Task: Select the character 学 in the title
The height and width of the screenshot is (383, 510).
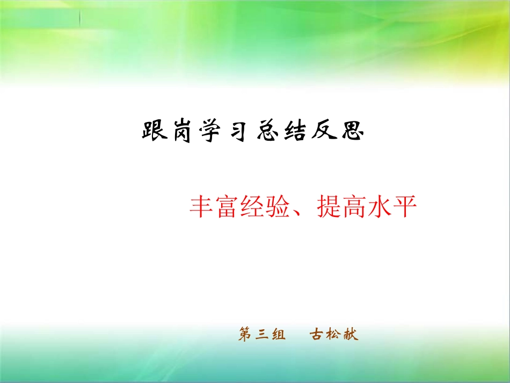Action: pos(213,131)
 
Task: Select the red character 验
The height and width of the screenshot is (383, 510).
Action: pos(287,206)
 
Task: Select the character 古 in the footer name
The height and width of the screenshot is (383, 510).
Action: pos(317,335)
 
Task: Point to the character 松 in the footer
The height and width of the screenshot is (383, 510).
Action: pos(334,335)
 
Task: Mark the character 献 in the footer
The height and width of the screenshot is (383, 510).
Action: pos(351,335)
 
